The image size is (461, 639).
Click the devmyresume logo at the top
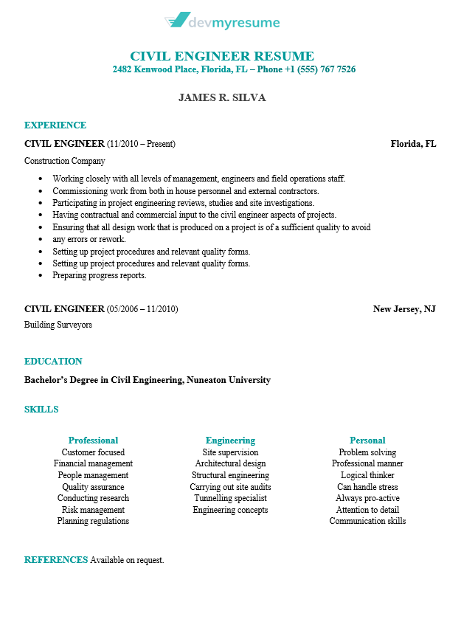tap(222, 22)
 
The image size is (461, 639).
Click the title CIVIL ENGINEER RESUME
tap(222, 56)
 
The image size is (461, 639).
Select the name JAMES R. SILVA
tap(222, 97)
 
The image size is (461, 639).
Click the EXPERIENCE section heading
tap(55, 125)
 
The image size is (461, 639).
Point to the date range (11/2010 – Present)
tap(141, 144)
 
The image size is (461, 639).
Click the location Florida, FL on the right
tap(413, 144)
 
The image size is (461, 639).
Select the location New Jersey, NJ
tap(404, 309)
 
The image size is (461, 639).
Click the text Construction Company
tap(65, 161)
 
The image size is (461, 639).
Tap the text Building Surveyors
tap(58, 325)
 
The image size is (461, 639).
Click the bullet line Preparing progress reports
tap(100, 275)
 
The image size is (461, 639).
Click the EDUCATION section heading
tap(53, 362)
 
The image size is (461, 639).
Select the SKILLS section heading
tap(41, 410)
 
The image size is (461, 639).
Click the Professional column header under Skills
tap(93, 441)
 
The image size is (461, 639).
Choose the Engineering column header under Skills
tap(230, 441)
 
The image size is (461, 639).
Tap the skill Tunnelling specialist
tap(230, 498)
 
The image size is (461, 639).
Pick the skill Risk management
tap(93, 510)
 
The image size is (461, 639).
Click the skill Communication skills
tap(367, 521)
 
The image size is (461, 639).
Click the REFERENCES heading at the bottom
tap(56, 560)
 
